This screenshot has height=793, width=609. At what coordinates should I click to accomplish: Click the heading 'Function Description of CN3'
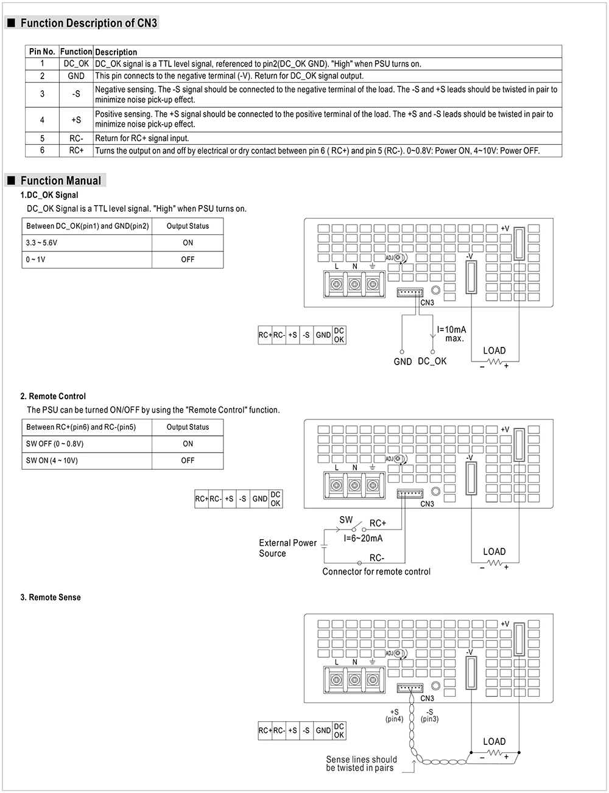click(x=88, y=23)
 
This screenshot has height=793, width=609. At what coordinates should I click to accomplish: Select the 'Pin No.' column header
click(x=42, y=52)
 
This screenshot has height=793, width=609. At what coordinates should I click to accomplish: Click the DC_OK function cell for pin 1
click(x=76, y=63)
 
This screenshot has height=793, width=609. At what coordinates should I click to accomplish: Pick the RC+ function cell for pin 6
click(x=76, y=150)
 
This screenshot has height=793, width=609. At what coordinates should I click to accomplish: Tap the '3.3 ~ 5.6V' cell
click(x=41, y=243)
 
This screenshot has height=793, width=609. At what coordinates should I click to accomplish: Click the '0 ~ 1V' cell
click(x=35, y=259)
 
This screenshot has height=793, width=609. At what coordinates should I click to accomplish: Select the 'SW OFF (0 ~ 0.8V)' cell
click(x=55, y=444)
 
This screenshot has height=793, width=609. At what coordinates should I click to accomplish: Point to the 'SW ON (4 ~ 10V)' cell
click(x=52, y=461)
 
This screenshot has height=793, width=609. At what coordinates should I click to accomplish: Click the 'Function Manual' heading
click(x=60, y=181)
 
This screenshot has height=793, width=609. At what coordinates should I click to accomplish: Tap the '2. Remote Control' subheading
click(x=53, y=396)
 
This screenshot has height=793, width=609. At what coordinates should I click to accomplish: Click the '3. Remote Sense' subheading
click(x=51, y=598)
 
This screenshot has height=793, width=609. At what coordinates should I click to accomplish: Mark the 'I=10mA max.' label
click(x=451, y=334)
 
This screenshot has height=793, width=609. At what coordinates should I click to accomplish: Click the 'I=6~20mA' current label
click(x=363, y=539)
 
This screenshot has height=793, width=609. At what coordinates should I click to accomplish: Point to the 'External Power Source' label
click(x=287, y=548)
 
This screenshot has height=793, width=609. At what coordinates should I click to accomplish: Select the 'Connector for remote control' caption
click(x=376, y=572)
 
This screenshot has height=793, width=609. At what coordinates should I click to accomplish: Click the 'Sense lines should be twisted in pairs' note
click(x=361, y=764)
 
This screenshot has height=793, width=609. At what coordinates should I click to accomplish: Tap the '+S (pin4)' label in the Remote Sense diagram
click(x=394, y=716)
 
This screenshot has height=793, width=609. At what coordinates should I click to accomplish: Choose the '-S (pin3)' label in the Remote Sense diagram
click(x=429, y=716)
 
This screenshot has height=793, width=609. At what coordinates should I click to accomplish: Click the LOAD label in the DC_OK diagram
click(x=494, y=351)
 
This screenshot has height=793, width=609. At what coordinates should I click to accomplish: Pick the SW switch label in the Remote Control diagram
click(x=346, y=520)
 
